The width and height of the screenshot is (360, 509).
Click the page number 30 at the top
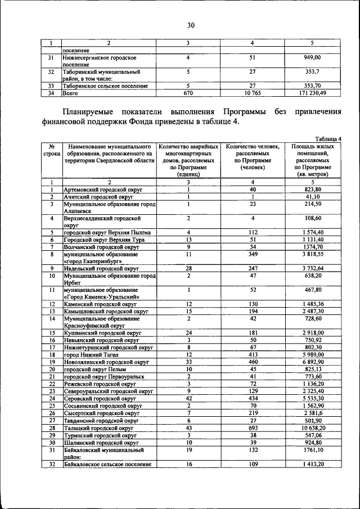(191, 25)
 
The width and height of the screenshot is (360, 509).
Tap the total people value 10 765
(253, 92)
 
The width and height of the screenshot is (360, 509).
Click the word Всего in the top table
(71, 92)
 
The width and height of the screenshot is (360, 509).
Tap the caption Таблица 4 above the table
(328, 138)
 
